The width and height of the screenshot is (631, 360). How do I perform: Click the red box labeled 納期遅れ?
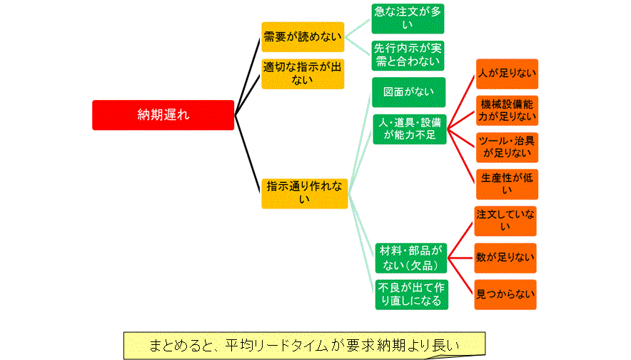[x=163, y=114]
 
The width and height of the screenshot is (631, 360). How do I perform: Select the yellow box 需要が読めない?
[x=303, y=36]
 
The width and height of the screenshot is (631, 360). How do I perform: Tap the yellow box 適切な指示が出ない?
[x=303, y=74]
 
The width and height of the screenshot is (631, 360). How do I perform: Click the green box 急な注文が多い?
[x=408, y=19]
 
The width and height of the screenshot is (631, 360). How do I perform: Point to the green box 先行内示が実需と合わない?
[x=408, y=55]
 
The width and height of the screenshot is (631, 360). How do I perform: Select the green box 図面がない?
[x=408, y=92]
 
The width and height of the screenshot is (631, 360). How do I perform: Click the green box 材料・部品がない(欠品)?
[x=410, y=258]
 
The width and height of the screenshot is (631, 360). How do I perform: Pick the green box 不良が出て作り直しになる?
[x=412, y=294]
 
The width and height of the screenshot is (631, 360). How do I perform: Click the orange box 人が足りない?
[x=507, y=74]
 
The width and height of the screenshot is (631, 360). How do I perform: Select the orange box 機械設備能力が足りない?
[x=507, y=109]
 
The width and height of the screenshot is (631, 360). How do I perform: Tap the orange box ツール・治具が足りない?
[x=507, y=146]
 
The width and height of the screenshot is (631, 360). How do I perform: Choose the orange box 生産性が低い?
[x=507, y=184]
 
